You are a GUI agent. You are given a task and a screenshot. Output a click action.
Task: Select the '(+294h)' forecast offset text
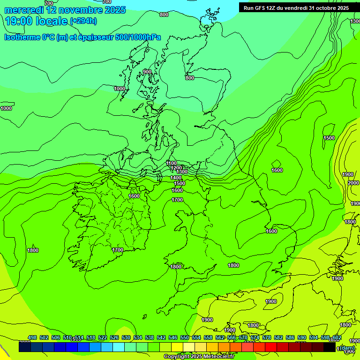click(83, 21)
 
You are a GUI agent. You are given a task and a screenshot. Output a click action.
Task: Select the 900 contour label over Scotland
click(147, 72)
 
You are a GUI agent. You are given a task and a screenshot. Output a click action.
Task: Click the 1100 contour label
click(172, 163)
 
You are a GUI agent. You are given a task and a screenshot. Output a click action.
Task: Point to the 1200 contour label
click(176, 168)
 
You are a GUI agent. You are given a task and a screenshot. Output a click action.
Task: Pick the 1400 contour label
click(176, 178)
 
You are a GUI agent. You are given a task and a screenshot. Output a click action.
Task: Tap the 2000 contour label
click(353, 183)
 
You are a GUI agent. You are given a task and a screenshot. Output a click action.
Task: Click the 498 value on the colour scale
click(32, 337)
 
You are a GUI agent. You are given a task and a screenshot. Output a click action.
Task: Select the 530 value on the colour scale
click(126, 337)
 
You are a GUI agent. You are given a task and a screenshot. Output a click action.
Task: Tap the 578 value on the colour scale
click(267, 337)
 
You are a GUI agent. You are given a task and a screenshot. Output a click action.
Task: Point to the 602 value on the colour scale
click(337, 337)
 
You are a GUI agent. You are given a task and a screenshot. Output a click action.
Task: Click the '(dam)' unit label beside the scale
click(347, 348)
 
